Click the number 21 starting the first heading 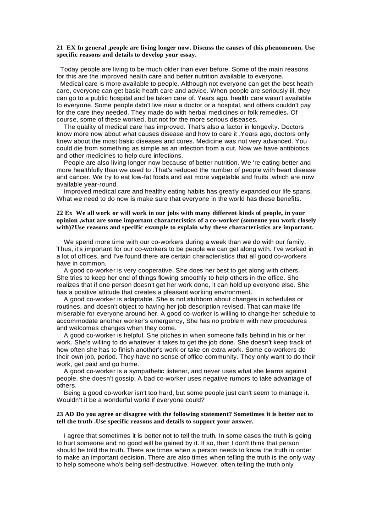(x=60, y=48)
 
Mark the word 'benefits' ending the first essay (x=286, y=199)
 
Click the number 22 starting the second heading (x=60, y=213)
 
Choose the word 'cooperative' (x=151, y=271)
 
